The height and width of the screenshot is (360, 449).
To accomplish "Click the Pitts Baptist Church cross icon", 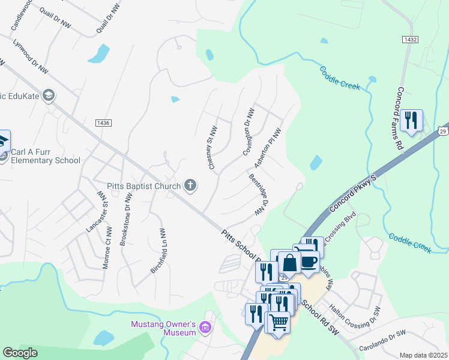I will pyautogui.click(x=190, y=185).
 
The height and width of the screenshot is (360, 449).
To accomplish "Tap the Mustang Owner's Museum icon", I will pyautogui.click(x=205, y=328).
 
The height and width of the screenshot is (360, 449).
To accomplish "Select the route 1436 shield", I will pyautogui.click(x=103, y=122).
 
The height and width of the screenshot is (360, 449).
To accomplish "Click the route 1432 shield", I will pyautogui.click(x=410, y=38).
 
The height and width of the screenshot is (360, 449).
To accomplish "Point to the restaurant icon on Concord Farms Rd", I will pyautogui.click(x=411, y=120).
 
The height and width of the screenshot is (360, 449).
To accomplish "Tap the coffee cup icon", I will pyautogui.click(x=309, y=262).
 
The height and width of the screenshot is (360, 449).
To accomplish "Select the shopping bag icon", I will pyautogui.click(x=289, y=262).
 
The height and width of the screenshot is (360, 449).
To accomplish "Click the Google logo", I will pyautogui.click(x=20, y=353).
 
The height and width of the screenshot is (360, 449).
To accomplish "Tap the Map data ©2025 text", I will pyautogui.click(x=423, y=355).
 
